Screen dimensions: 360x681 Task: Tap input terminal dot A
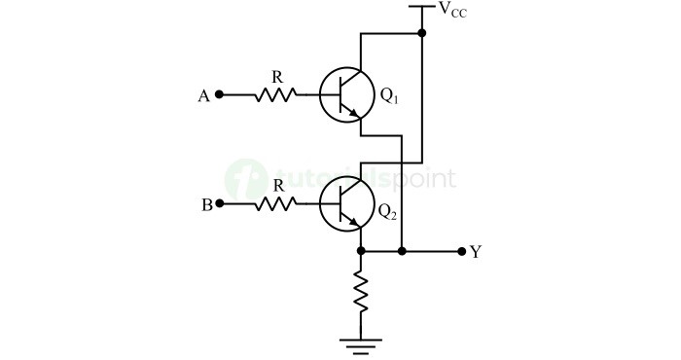click(x=219, y=95)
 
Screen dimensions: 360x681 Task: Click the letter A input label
click(x=203, y=95)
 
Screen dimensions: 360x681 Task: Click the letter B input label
click(x=204, y=204)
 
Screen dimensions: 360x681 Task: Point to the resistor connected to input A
click(x=274, y=95)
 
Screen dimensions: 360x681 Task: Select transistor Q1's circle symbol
click(x=345, y=95)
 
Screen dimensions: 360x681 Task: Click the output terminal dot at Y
click(x=462, y=251)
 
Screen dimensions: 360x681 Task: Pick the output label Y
click(x=476, y=252)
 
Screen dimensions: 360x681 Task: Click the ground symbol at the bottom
click(x=361, y=342)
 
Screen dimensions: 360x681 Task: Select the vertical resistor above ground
click(x=361, y=292)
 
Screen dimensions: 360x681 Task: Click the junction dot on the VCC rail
click(x=421, y=34)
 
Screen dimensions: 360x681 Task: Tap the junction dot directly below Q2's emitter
click(x=361, y=251)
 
